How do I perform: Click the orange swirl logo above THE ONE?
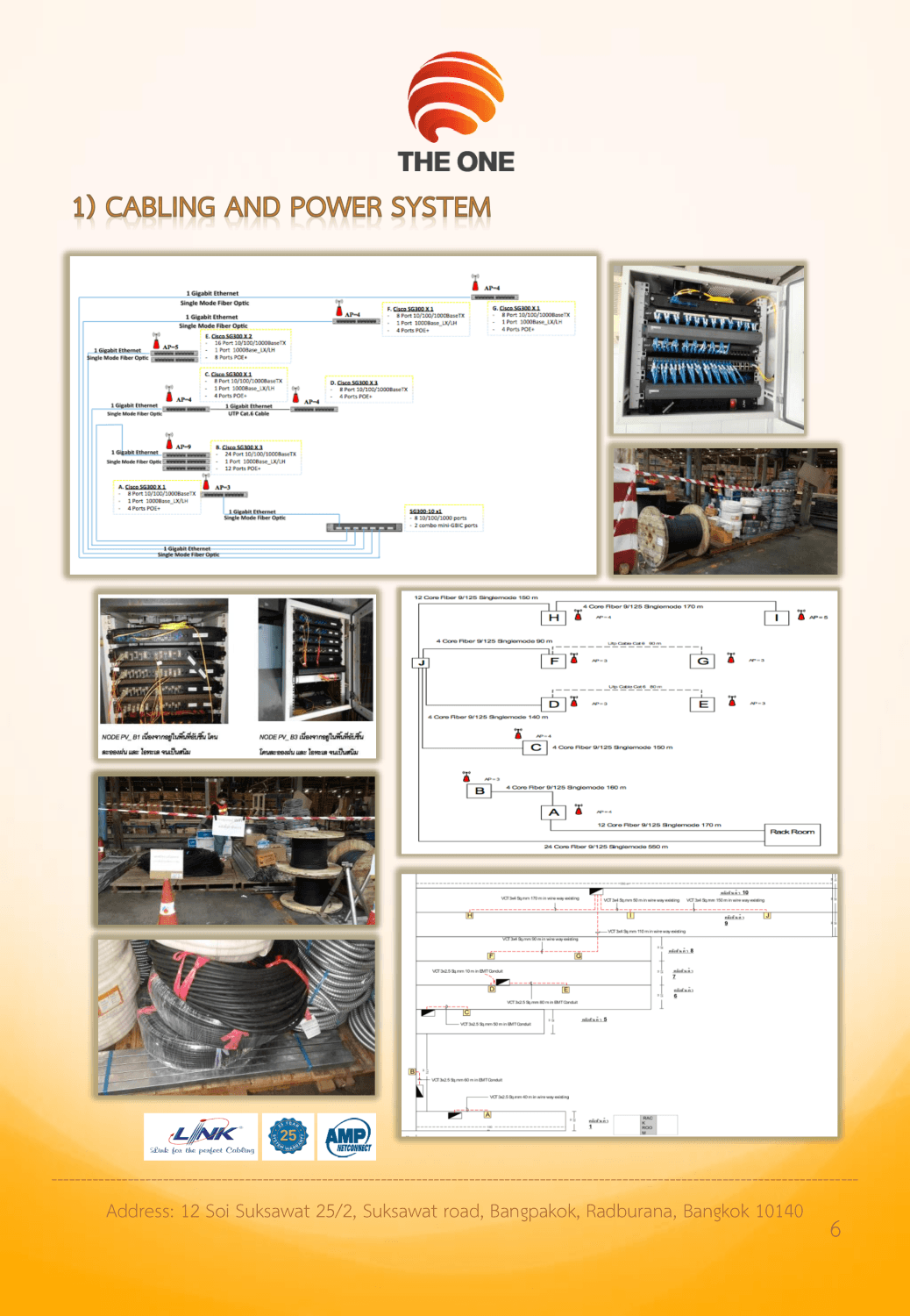point(455,95)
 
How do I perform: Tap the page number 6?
point(835,1230)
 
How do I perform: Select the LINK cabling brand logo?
point(201,1136)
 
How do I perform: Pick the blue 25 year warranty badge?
point(288,1136)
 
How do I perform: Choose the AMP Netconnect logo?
point(347,1137)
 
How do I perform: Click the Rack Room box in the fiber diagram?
point(793,833)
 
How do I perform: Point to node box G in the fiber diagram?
point(703,661)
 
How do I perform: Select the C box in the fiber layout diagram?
point(536,747)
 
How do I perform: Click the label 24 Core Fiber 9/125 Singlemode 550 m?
point(606,847)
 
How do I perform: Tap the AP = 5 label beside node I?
point(818,617)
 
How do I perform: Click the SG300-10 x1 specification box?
point(445,518)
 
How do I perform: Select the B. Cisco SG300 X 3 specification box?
point(256,457)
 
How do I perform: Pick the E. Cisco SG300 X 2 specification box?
point(245,347)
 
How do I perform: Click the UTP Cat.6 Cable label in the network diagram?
point(249,413)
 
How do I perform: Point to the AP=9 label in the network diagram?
point(183,447)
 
